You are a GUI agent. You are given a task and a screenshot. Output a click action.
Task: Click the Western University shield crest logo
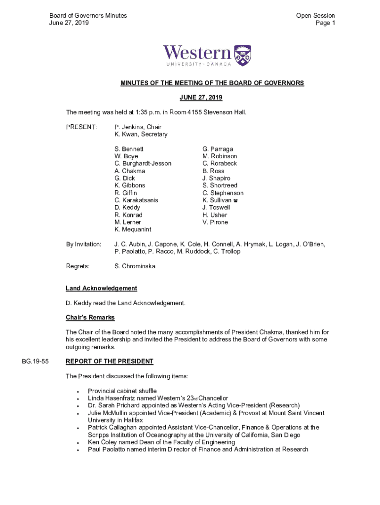pyautogui.click(x=242, y=55)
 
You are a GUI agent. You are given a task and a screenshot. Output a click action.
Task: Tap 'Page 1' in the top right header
pyautogui.click(x=325, y=23)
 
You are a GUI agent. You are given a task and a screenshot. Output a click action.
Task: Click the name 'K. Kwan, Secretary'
pyautogui.click(x=141, y=135)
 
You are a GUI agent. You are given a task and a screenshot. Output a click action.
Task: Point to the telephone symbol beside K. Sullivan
pyautogui.click(x=236, y=201)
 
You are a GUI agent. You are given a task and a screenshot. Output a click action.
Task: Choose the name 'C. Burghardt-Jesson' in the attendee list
pyautogui.click(x=143, y=164)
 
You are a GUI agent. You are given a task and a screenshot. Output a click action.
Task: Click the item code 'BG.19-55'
pyautogui.click(x=36, y=361)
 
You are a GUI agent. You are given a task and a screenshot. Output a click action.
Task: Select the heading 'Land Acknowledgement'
pyautogui.click(x=101, y=289)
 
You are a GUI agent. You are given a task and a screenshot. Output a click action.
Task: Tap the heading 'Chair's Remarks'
pyautogui.click(x=90, y=318)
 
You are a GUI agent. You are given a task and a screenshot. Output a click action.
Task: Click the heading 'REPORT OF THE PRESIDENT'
pyautogui.click(x=110, y=361)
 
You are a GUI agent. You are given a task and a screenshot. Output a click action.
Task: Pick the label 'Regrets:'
pyautogui.click(x=78, y=266)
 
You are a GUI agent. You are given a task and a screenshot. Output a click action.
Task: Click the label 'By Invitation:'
pyautogui.click(x=84, y=245)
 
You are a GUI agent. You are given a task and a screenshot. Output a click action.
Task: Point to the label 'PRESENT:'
pyautogui.click(x=81, y=127)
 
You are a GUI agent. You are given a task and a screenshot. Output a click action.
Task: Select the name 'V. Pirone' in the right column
pyautogui.click(x=215, y=222)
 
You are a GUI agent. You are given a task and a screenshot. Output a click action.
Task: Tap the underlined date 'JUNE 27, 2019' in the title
pyautogui.click(x=212, y=98)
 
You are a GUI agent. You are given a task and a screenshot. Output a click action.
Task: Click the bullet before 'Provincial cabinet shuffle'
pyautogui.click(x=78, y=391)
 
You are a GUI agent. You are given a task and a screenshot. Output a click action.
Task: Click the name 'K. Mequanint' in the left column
pyautogui.click(x=133, y=230)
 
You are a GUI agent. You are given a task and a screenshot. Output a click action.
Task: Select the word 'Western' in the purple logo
pyautogui.click(x=197, y=53)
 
